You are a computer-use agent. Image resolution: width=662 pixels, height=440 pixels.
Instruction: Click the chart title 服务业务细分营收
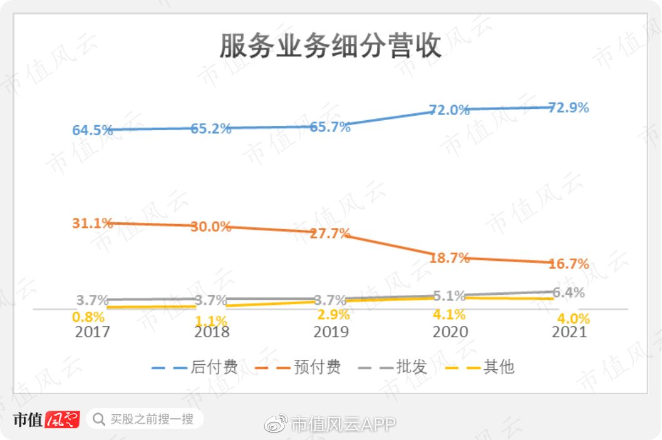330,47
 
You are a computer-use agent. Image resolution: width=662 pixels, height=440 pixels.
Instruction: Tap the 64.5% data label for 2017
93,131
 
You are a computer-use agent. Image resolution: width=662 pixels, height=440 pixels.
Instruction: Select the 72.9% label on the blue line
569,108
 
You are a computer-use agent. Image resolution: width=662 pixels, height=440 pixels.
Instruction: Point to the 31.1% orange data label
93,223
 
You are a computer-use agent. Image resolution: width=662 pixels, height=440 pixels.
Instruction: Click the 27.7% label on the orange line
330,233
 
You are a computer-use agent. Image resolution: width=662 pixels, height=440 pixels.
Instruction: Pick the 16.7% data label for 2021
569,264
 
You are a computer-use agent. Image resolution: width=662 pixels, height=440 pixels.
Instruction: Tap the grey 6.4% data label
569,293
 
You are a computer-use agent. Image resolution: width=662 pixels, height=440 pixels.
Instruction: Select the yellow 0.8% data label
88,317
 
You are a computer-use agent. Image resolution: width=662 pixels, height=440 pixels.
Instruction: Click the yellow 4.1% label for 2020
449,315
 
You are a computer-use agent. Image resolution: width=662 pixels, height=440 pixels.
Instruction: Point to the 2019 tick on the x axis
331,332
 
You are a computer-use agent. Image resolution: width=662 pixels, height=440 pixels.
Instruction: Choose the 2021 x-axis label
569,332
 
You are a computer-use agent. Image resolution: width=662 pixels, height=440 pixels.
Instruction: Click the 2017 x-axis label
92,332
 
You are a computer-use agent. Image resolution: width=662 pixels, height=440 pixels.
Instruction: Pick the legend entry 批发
411,367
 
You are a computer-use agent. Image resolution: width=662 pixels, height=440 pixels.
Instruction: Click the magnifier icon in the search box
99,419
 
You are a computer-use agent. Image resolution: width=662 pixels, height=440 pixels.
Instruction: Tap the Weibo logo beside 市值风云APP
277,424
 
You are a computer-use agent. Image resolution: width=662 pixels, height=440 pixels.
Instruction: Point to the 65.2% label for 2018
211,130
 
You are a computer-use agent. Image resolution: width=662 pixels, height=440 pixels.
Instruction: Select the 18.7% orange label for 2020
449,258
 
